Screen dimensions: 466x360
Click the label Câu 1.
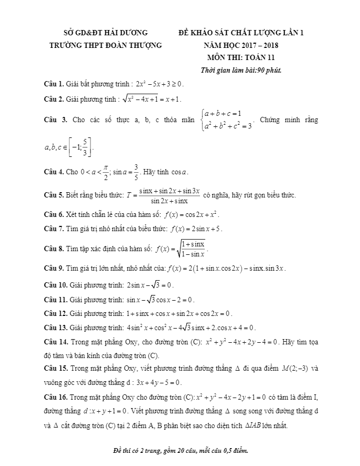tap(54, 84)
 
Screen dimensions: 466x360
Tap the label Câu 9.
tap(54, 268)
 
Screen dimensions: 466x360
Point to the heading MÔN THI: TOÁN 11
tap(241, 58)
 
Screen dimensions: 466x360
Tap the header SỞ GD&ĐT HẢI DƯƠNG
tap(105, 33)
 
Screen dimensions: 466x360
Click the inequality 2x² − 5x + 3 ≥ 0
tap(159, 84)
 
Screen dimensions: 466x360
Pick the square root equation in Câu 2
tap(151, 98)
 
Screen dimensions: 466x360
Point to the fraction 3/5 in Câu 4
tap(136, 172)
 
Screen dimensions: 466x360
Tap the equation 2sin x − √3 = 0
tap(149, 285)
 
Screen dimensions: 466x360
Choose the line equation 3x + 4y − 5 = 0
tap(156, 382)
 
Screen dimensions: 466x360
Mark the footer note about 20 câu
tap(181, 451)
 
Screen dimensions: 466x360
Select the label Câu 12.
tap(56, 313)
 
